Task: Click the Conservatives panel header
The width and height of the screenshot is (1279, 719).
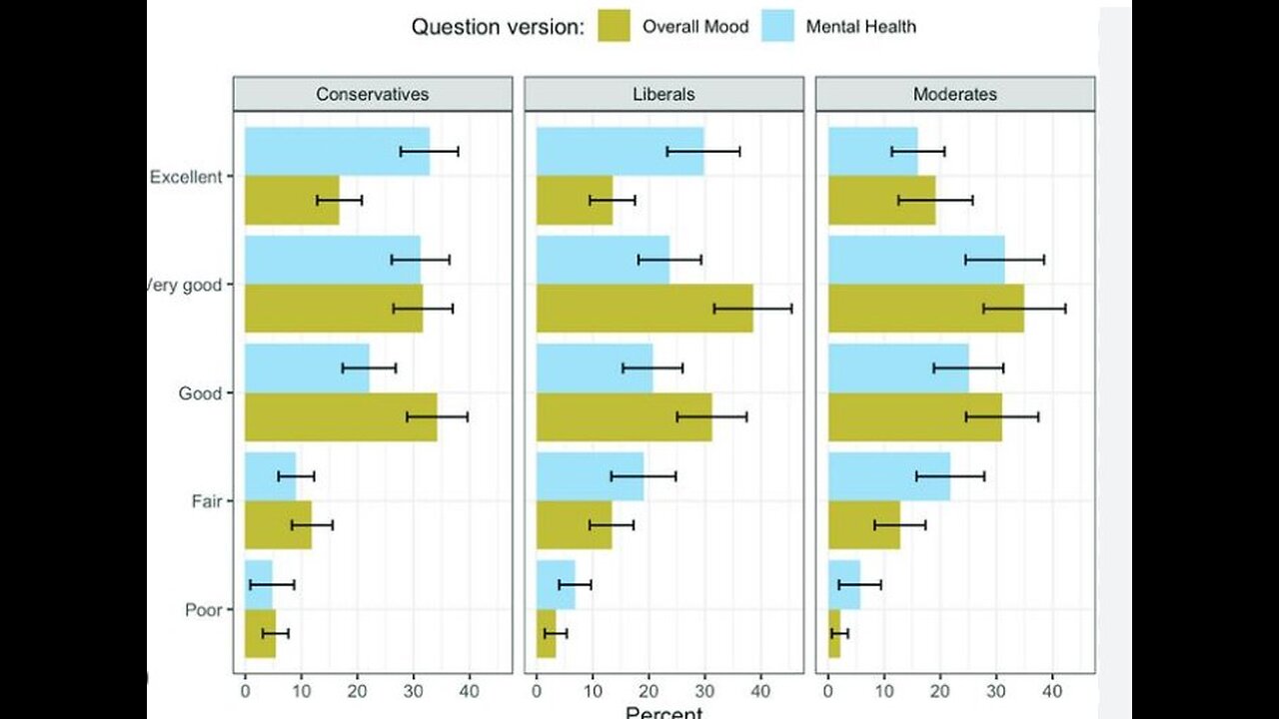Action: tap(372, 95)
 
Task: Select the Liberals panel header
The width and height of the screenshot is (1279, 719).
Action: tap(663, 95)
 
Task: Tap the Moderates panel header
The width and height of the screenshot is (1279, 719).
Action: tap(954, 95)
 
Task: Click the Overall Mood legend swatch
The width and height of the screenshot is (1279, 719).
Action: tap(614, 27)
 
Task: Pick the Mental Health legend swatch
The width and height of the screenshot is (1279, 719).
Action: tap(777, 27)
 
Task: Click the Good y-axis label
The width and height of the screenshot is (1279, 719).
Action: tap(200, 393)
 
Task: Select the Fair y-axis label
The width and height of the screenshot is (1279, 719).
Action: tap(206, 501)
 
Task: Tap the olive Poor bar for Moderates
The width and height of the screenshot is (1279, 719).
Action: tap(834, 633)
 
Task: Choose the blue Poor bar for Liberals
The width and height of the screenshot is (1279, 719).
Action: tap(556, 584)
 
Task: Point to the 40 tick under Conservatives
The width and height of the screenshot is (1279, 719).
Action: tap(469, 690)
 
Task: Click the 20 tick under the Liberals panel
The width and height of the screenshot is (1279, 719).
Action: tap(648, 690)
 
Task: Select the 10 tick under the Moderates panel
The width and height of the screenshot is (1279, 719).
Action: tap(884, 690)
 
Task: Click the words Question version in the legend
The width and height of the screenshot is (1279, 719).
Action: tap(498, 28)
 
